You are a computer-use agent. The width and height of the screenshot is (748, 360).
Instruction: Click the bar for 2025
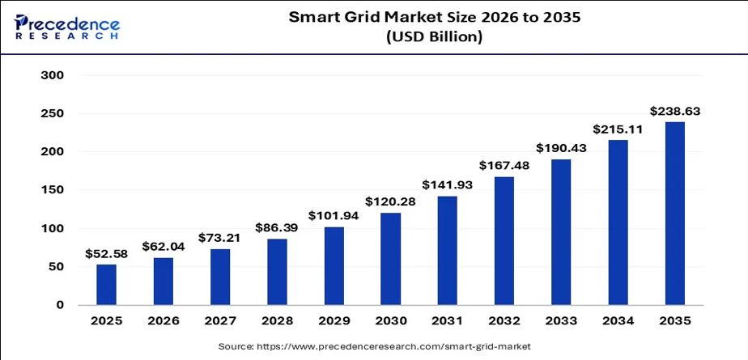tap(106, 285)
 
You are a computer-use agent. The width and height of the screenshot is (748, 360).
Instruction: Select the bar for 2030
tap(390, 259)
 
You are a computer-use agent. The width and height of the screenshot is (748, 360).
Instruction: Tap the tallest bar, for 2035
tap(675, 214)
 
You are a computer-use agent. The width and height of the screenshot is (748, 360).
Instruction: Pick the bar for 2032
tap(504, 241)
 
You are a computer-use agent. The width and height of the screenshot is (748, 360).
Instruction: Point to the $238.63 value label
tap(675, 112)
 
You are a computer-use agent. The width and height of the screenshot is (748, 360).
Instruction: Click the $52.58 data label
tap(106, 254)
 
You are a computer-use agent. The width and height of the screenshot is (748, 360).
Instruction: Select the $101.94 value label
tap(334, 215)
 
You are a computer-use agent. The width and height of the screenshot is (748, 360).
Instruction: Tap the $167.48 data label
tap(504, 166)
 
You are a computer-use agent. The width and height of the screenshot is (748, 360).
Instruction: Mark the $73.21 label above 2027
tap(220, 238)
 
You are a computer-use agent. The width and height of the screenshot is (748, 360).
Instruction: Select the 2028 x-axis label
tap(277, 321)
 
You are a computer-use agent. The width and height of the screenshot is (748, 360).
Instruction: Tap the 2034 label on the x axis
tap(618, 321)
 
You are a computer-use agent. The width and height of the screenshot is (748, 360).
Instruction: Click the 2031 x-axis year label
tap(448, 321)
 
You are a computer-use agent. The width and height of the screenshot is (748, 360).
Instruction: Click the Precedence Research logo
tap(67, 27)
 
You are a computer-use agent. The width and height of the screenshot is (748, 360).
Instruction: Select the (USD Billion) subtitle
tap(434, 36)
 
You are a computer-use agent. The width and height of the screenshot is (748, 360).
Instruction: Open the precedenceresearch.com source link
tap(393, 346)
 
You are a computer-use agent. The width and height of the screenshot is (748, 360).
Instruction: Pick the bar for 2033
tap(561, 232)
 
